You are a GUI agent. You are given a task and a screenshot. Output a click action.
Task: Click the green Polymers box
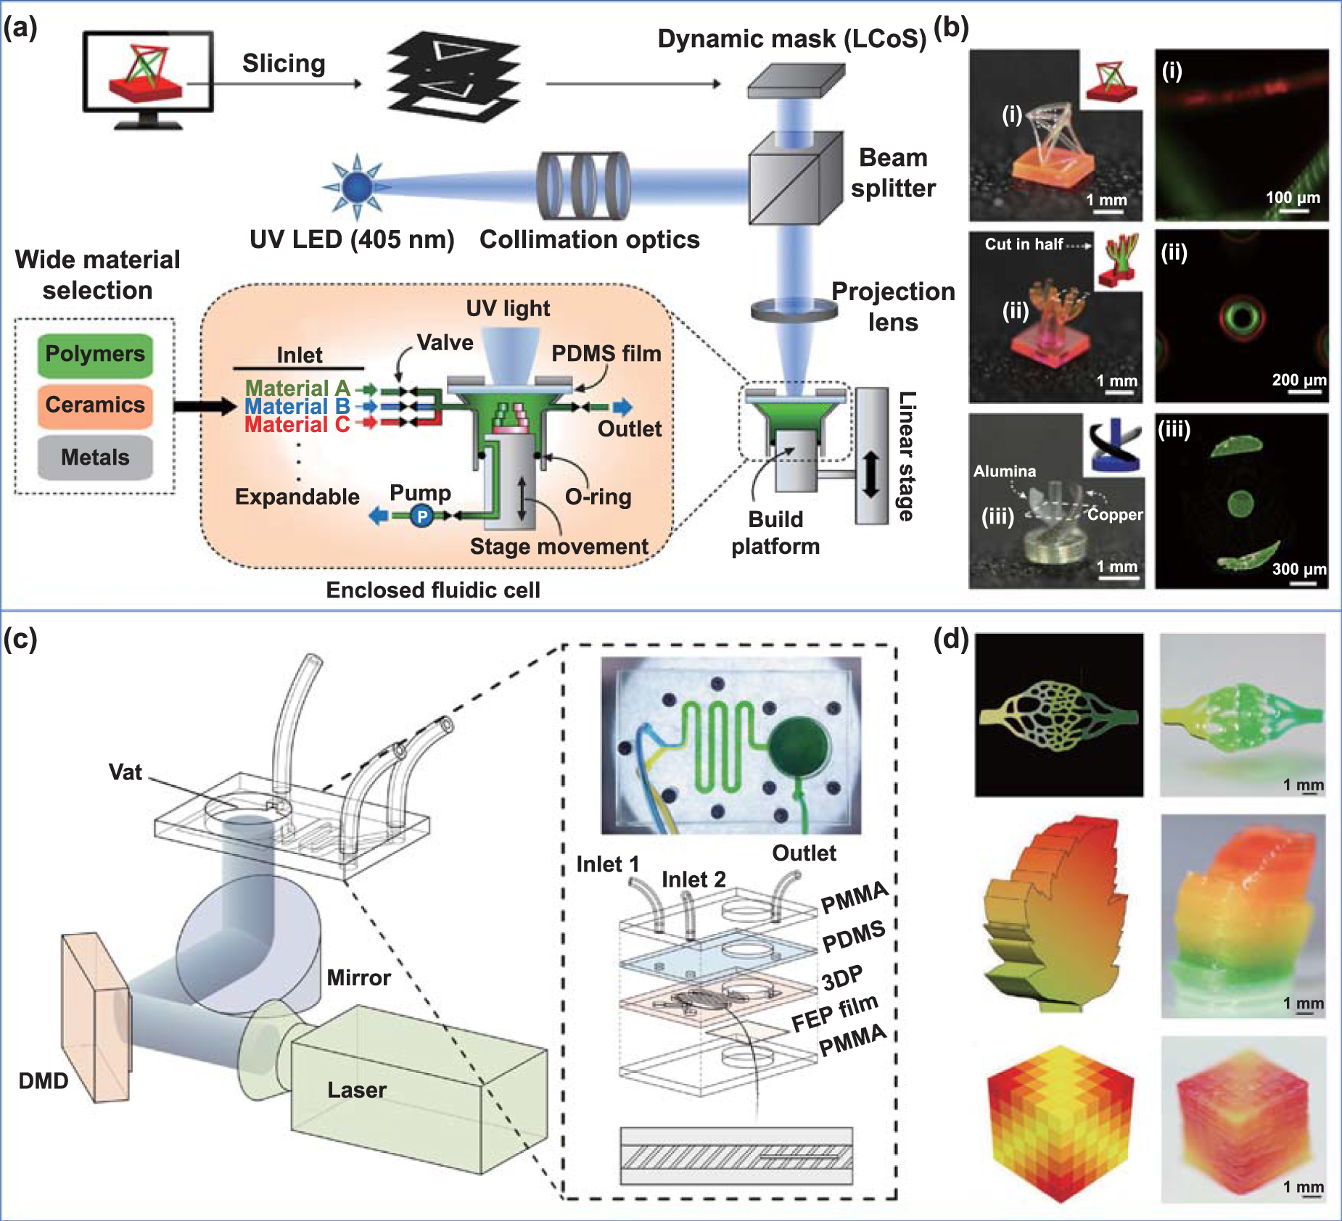[x=95, y=355]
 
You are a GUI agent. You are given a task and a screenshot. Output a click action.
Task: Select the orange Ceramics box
[x=95, y=405]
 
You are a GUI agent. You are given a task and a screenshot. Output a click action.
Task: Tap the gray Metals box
[x=95, y=458]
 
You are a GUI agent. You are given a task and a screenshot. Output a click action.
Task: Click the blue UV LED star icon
[x=357, y=186]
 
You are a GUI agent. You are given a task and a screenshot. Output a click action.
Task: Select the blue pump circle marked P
[x=421, y=516]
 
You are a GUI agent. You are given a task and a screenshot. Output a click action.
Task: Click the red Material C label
[x=297, y=425]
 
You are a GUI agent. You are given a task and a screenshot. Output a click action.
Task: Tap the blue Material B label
[x=297, y=407]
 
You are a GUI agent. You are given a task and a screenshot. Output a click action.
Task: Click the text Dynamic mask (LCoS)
[x=791, y=38]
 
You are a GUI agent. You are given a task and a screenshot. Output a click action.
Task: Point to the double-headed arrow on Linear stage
[x=871, y=475]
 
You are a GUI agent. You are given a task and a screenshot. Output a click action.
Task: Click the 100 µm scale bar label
[x=1293, y=197]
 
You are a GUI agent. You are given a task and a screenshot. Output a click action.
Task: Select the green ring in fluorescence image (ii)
[x=1242, y=317]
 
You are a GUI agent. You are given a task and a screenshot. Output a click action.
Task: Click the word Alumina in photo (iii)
[x=1005, y=471]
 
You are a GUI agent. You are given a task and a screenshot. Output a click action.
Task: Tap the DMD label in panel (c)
[x=44, y=1081]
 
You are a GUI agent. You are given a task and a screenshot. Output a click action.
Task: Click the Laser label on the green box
[x=357, y=1090]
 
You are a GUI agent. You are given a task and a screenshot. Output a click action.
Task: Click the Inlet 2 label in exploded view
[x=693, y=879]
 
